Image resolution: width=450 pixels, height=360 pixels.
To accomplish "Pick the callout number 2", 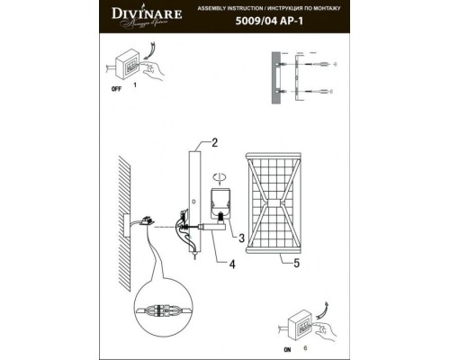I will pyautogui.click(x=215, y=142).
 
